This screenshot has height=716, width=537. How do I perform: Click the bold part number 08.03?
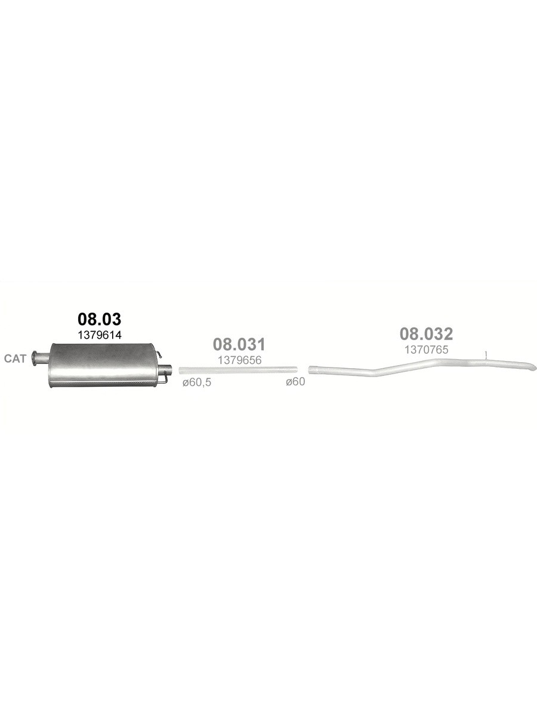pos(100,319)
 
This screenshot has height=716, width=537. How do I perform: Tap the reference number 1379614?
pos(100,335)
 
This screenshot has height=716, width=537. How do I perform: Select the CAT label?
pos(15,359)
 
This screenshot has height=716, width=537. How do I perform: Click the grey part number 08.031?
pos(239,344)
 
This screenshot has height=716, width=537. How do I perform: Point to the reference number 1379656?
pos(240,360)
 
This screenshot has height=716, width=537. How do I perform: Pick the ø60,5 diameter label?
pos(197,382)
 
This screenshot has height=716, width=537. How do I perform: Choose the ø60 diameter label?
pos(295,381)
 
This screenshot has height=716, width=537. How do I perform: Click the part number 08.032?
pos(427,334)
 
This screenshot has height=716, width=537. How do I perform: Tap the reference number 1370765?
pos(427,350)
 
